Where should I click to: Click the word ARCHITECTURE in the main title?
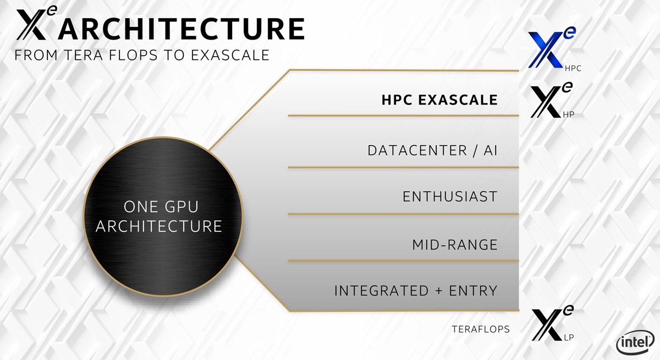coord(182,29)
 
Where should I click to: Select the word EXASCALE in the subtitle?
coord(230,56)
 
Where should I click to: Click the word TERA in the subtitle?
coord(83,56)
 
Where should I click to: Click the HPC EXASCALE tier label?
coord(439,100)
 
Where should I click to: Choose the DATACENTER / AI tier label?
coord(432,151)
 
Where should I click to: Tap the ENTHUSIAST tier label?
coord(450,197)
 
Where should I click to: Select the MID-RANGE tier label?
coord(455,245)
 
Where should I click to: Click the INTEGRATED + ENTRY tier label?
coord(416,291)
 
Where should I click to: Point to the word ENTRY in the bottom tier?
coord(473,291)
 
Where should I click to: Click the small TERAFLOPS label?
coord(481,329)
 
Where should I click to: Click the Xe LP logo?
coord(552,323)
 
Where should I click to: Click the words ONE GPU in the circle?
coord(161,207)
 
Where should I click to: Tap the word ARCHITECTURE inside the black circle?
coord(159,226)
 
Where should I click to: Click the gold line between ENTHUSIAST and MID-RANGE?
coord(403,214)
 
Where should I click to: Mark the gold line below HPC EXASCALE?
coord(403,115)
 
